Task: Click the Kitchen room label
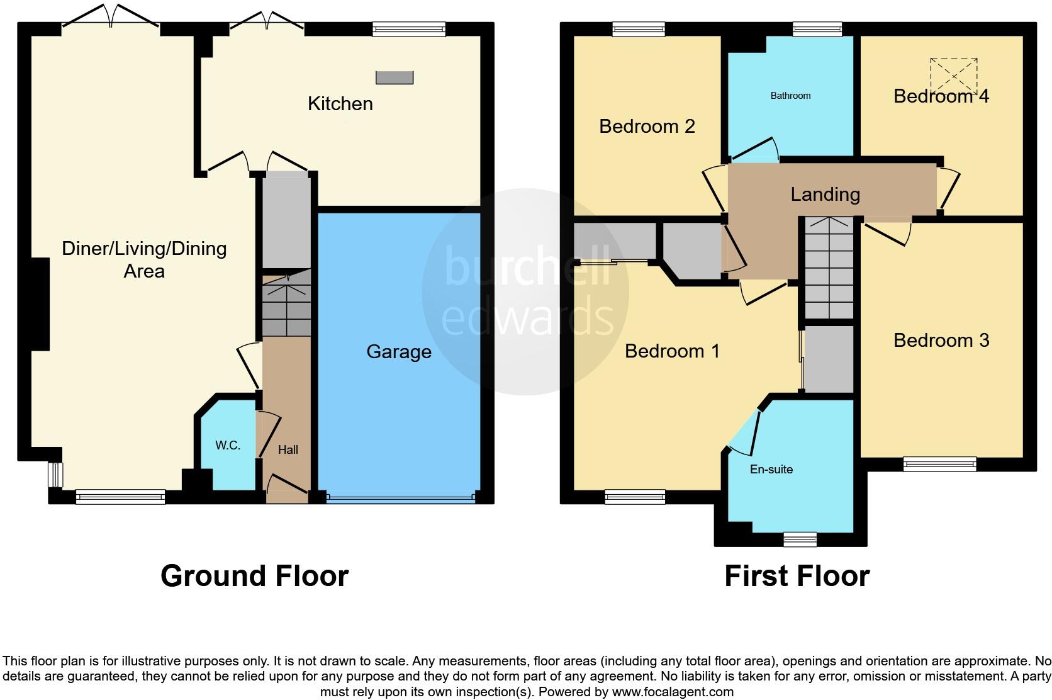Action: tap(340, 104)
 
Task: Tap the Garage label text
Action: tap(399, 351)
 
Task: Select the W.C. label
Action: tap(227, 446)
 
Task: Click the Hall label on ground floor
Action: tap(288, 449)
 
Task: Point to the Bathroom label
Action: tap(790, 96)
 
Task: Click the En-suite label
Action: tap(771, 469)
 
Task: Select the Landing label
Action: tap(825, 194)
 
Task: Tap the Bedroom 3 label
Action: tap(941, 341)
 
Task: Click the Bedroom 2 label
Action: tap(646, 127)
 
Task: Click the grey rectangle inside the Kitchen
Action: tap(394, 77)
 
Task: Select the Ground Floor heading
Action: tap(254, 576)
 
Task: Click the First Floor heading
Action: tap(797, 576)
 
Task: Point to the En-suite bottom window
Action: tap(800, 539)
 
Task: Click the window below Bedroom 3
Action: tap(939, 465)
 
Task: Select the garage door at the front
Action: tap(400, 499)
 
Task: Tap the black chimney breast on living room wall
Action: tap(40, 304)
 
